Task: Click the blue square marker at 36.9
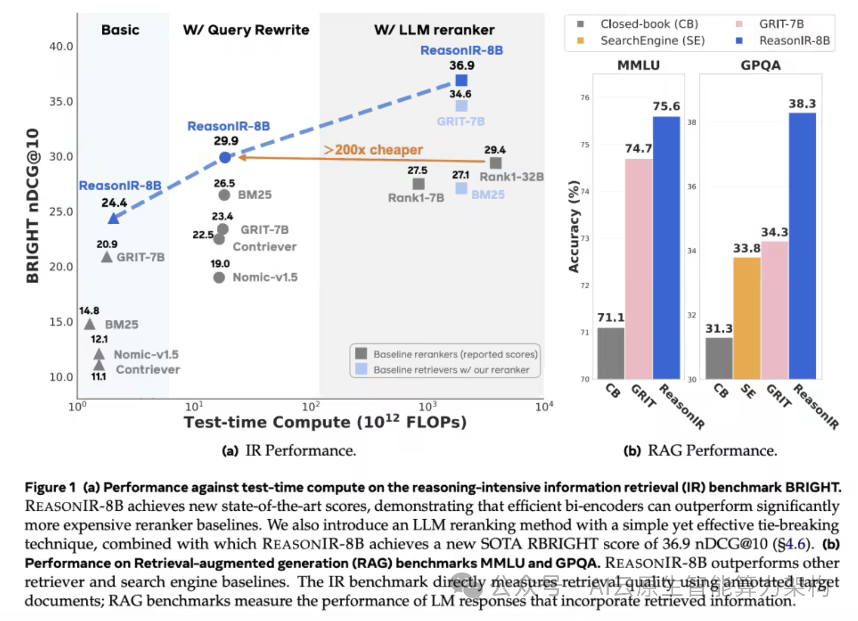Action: (x=461, y=81)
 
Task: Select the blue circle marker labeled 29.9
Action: (x=225, y=157)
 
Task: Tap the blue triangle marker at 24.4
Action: (x=114, y=218)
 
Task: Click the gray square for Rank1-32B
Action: (x=495, y=163)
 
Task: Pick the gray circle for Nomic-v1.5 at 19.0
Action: (x=219, y=277)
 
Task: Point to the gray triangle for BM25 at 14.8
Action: (x=90, y=324)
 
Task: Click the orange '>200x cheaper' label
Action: (x=373, y=150)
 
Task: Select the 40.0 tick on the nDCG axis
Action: (x=61, y=46)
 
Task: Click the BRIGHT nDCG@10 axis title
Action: (x=33, y=205)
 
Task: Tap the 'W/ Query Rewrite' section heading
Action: (x=246, y=30)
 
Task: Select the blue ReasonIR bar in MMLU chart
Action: (x=666, y=248)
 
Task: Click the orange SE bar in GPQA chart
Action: (x=747, y=318)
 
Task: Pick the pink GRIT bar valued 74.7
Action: (x=638, y=269)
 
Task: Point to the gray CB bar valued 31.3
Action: (x=719, y=358)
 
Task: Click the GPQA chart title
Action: (x=760, y=65)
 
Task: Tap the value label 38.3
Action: (x=802, y=104)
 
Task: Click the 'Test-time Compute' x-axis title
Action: (x=325, y=422)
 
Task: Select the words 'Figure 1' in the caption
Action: (x=50, y=487)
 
